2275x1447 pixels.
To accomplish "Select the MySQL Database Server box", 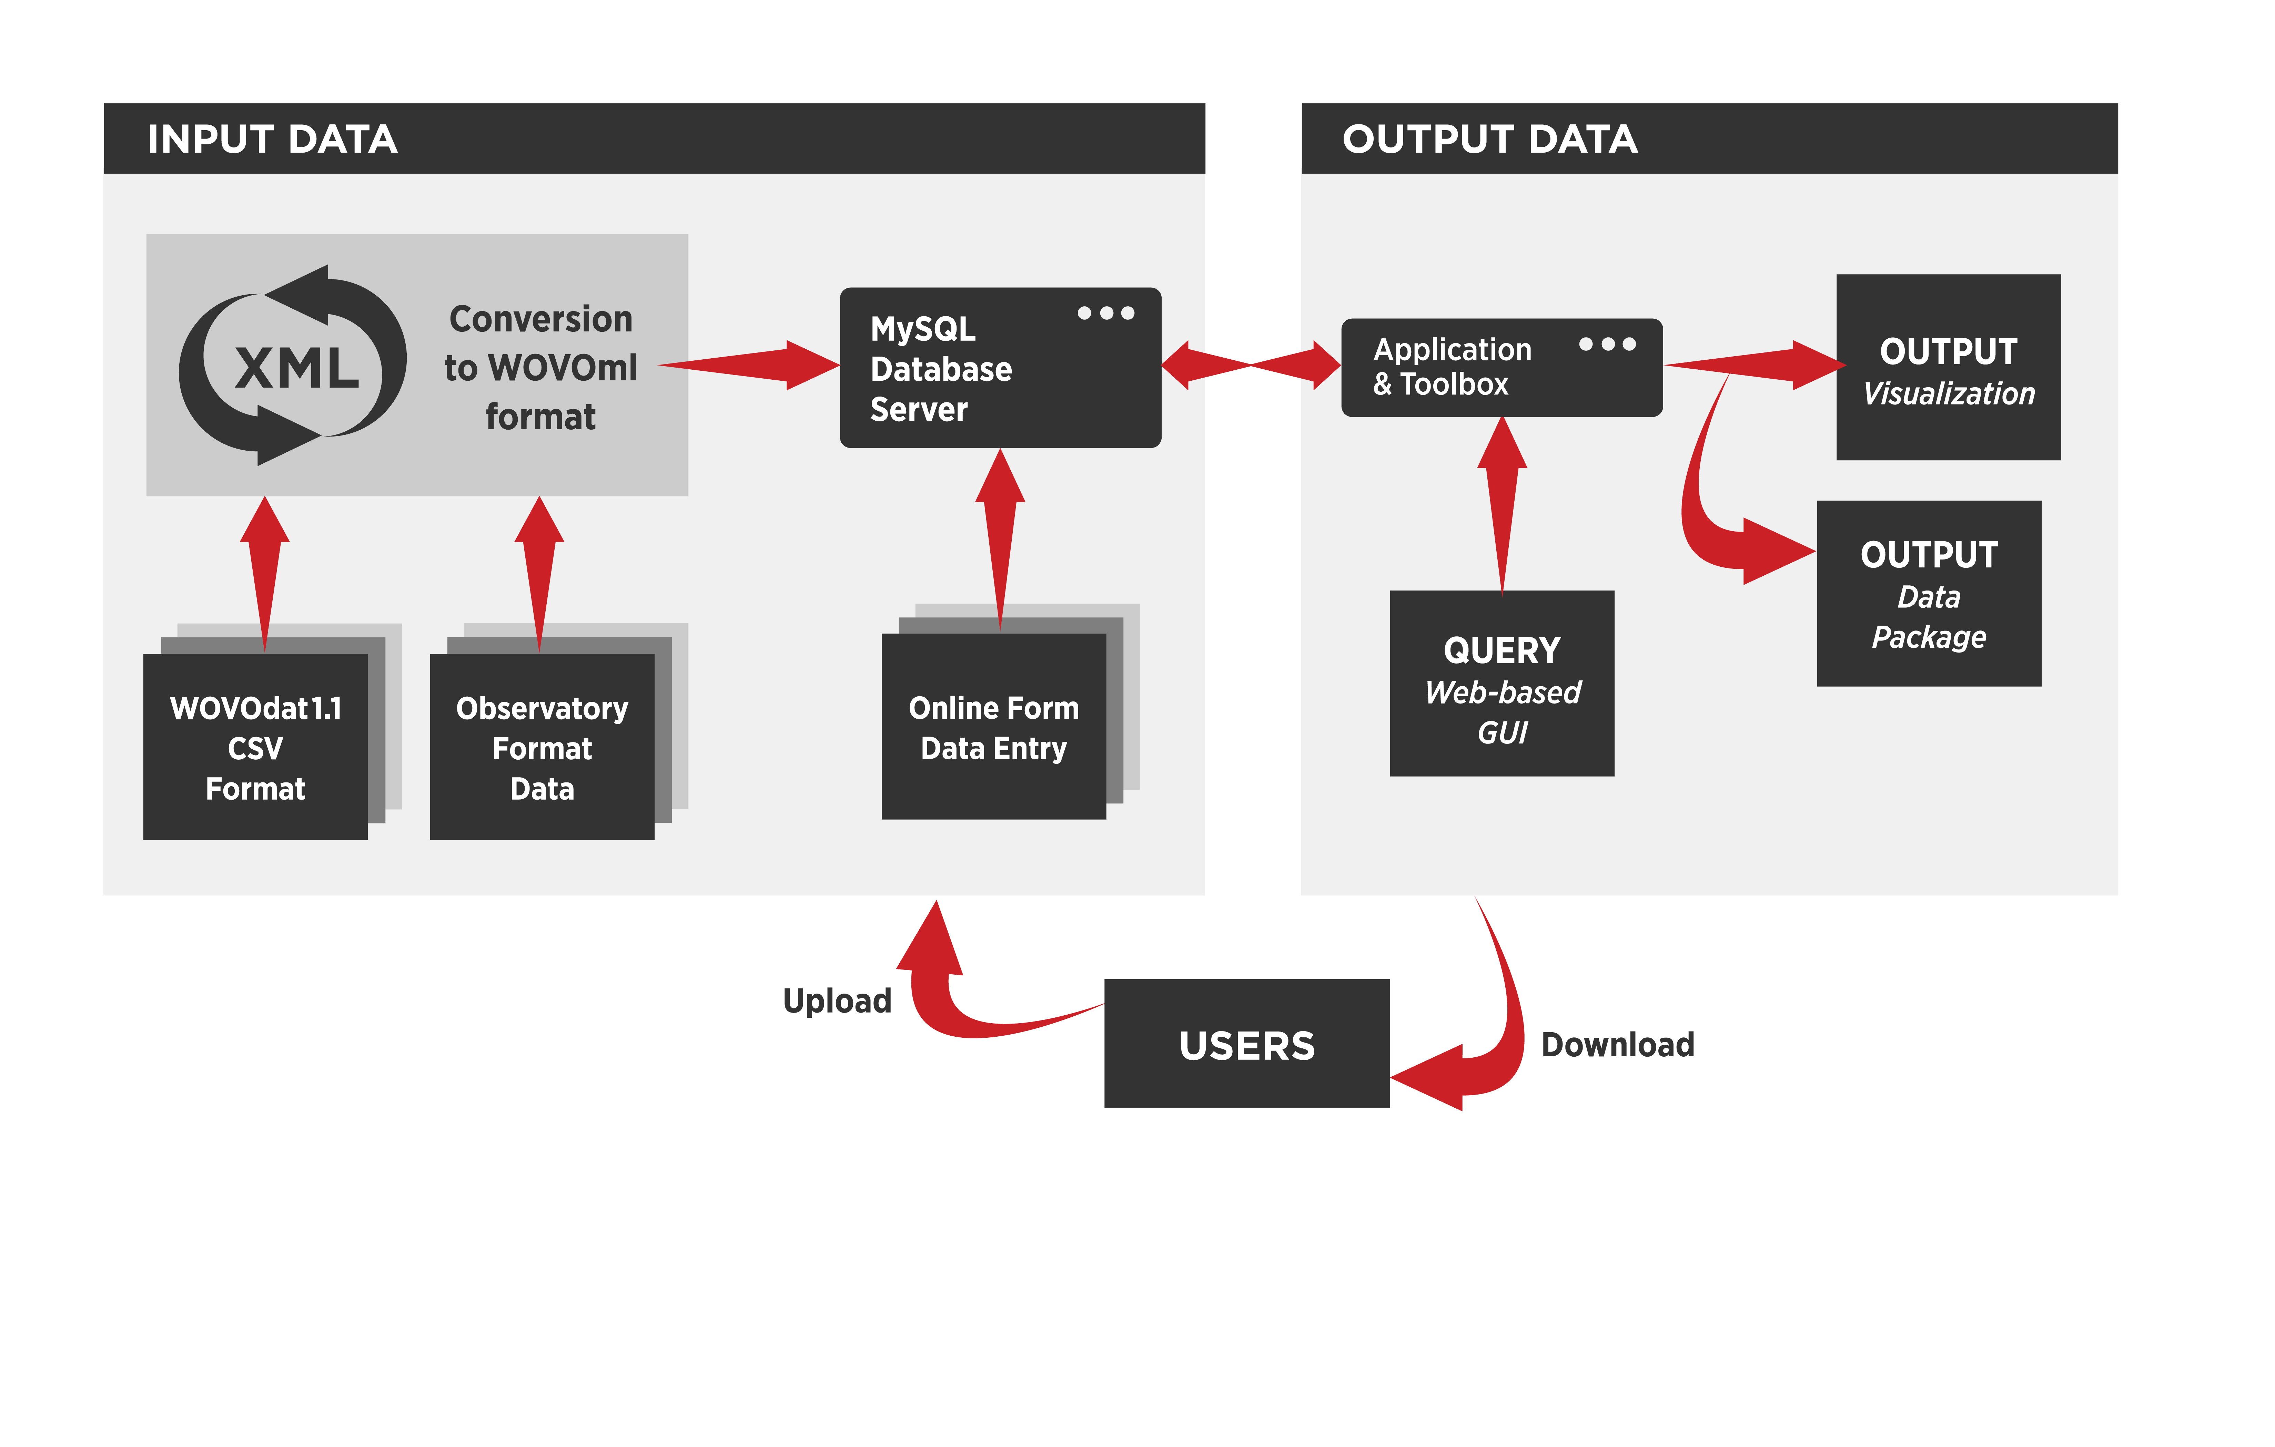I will [1000, 368].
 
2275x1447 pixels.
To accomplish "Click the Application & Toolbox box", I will [1501, 367].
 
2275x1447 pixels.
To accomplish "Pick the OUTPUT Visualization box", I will [1948, 368].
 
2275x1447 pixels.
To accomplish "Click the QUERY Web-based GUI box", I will [1501, 684].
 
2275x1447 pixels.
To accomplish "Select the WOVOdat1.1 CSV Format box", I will [255, 747].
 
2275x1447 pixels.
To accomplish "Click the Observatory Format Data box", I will [542, 747].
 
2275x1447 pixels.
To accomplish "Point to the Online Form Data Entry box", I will [993, 727].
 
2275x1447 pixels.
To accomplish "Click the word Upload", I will [837, 1000].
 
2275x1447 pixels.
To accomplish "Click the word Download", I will [1617, 1045].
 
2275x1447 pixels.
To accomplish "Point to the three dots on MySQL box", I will [1105, 312].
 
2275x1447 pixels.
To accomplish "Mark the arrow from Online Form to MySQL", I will [1000, 538].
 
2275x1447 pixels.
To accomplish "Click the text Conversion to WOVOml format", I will [540, 367].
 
